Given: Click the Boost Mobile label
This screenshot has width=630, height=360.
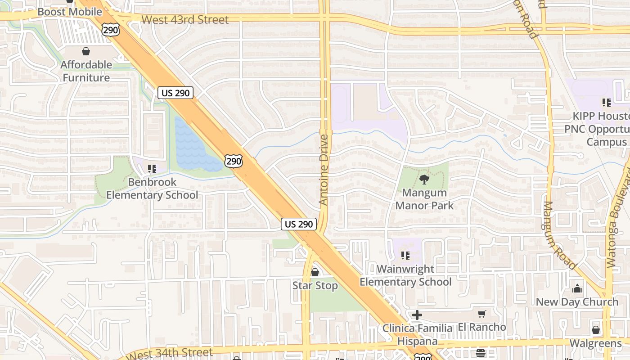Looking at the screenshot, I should (x=70, y=12).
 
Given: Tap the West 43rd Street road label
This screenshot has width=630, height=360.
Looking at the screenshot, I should (x=185, y=20).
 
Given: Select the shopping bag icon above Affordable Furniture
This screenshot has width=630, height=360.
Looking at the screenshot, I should (x=86, y=52).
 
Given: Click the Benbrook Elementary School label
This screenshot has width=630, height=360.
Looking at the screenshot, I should (x=152, y=189).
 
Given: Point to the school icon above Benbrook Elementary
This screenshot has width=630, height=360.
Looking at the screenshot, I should (x=152, y=169).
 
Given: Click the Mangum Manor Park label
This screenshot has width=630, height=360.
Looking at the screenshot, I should (x=424, y=199).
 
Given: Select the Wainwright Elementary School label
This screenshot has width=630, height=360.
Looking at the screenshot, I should (x=405, y=275).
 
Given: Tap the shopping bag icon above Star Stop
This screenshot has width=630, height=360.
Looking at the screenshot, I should (x=315, y=272).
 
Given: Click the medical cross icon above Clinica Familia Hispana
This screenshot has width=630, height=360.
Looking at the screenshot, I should (x=417, y=315).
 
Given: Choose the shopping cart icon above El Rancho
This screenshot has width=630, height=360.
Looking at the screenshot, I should (x=482, y=314).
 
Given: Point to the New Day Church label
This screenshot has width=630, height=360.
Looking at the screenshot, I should (x=577, y=302).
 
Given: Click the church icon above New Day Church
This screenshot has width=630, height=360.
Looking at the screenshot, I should (x=577, y=288).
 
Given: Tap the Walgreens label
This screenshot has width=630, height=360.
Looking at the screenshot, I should (x=595, y=343).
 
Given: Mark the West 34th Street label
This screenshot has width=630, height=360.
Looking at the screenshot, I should (x=170, y=353).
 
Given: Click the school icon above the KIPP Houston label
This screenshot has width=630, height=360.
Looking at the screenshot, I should (x=607, y=103).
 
